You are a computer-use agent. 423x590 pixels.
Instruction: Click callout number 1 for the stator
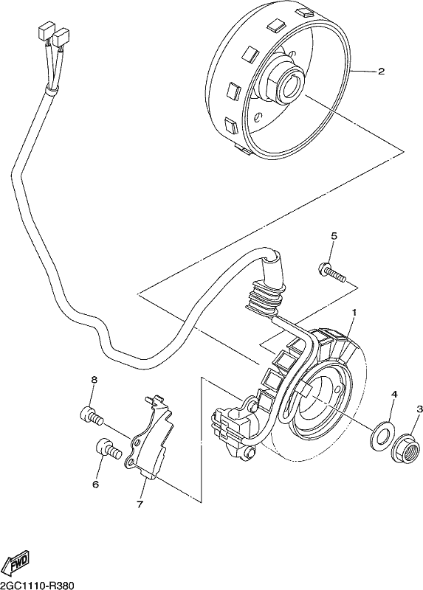[354, 313]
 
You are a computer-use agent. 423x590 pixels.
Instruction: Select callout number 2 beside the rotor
[381, 71]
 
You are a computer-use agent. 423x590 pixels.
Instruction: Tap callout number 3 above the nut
[419, 409]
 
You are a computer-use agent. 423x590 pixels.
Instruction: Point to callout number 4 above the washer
[394, 394]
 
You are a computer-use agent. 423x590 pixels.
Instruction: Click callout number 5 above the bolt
[334, 236]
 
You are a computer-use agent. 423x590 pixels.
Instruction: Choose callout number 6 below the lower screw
[95, 484]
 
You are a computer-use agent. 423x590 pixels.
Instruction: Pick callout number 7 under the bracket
[140, 504]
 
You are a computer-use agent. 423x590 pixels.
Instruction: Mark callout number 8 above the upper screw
[94, 380]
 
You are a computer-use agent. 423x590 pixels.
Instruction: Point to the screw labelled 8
[92, 416]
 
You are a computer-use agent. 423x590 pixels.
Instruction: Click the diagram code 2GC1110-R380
[36, 586]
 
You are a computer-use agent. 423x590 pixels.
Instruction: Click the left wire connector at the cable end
[46, 31]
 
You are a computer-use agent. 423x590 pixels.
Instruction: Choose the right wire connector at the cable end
[61, 38]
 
